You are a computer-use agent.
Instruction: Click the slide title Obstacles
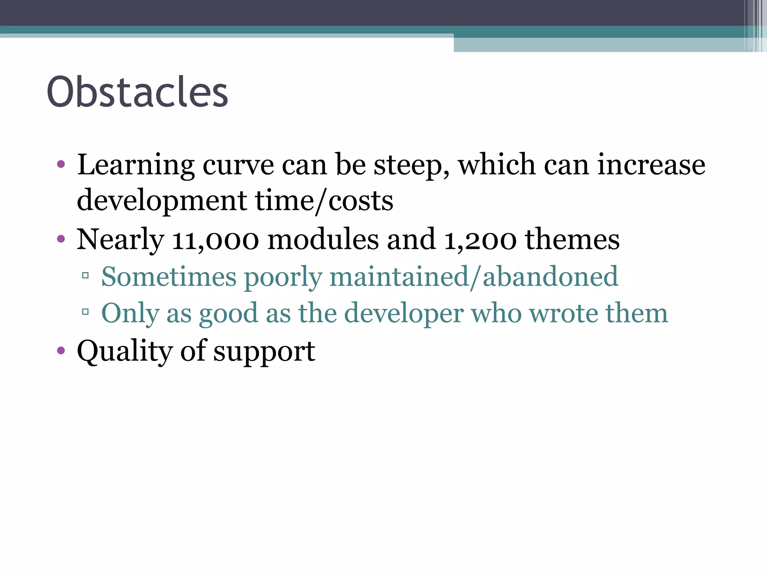(x=137, y=92)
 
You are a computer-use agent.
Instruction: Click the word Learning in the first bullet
(x=136, y=165)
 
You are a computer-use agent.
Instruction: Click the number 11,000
(x=215, y=240)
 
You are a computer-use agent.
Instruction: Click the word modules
(x=323, y=239)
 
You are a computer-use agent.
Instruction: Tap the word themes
(x=572, y=239)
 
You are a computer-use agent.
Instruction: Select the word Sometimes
(x=169, y=277)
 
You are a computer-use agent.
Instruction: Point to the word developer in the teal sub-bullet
(x=404, y=313)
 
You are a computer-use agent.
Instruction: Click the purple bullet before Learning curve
(x=61, y=164)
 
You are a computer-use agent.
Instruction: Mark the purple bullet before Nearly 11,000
(x=61, y=239)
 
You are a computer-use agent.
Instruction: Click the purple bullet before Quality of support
(x=61, y=351)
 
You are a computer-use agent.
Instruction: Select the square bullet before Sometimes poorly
(x=85, y=276)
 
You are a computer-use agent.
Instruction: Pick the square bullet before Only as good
(x=85, y=311)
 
